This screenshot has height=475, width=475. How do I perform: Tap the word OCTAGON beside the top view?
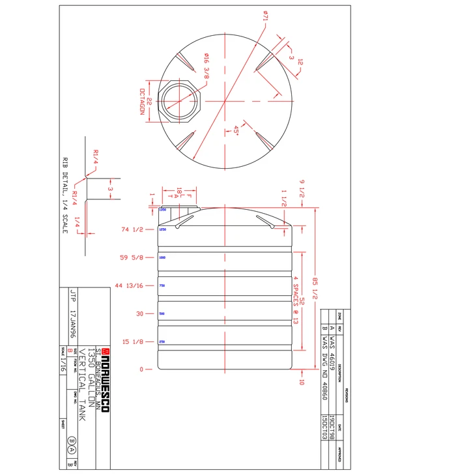tap(141, 102)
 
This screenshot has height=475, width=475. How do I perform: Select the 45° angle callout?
tap(236, 132)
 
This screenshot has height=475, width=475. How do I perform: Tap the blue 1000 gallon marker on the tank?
tap(162, 259)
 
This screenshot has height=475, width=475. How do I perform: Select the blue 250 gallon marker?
tap(162, 342)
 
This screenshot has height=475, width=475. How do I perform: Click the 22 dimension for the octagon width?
tap(149, 102)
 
